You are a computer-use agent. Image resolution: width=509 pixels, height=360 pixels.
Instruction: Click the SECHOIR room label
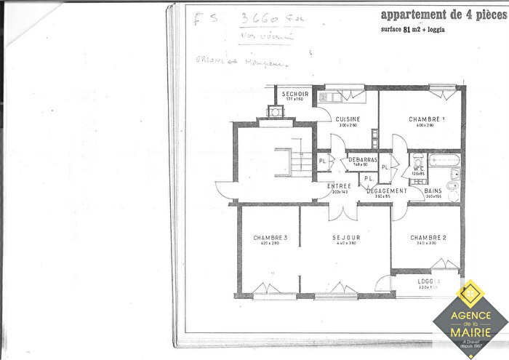click(295, 95)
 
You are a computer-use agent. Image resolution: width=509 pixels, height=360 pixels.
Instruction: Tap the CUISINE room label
click(348, 119)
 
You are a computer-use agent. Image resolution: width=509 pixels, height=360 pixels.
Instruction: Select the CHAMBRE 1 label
click(427, 119)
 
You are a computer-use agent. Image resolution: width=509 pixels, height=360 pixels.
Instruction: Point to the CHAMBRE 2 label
click(428, 238)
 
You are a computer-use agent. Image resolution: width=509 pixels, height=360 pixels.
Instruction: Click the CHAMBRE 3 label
click(270, 238)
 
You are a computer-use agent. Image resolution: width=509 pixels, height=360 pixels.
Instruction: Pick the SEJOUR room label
click(347, 238)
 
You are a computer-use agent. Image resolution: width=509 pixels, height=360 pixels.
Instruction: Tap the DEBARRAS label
click(361, 159)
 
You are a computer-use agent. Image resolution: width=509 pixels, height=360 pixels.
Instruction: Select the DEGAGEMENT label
click(387, 191)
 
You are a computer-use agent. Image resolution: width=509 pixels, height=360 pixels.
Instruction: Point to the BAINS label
click(434, 191)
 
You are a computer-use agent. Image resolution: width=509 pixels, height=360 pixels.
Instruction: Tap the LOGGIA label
click(429, 281)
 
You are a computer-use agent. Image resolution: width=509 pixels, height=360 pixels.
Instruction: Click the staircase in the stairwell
click(284, 161)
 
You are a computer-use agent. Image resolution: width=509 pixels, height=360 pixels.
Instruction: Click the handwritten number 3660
click(260, 20)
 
